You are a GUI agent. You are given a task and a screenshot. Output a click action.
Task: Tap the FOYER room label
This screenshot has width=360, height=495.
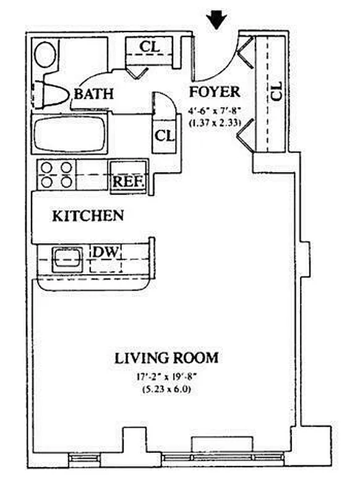214,92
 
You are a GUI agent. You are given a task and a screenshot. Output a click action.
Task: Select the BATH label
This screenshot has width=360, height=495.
94,94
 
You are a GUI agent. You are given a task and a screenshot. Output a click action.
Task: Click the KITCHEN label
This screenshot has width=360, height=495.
87,216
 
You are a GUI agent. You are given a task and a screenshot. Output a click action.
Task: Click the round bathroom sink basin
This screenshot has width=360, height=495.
44,54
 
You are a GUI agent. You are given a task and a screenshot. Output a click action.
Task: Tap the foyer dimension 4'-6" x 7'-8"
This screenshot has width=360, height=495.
214,111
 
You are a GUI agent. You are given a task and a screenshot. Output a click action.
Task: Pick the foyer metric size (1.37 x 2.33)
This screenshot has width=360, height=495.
214,122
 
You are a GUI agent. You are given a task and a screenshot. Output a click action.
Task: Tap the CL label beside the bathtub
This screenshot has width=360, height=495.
165,134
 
